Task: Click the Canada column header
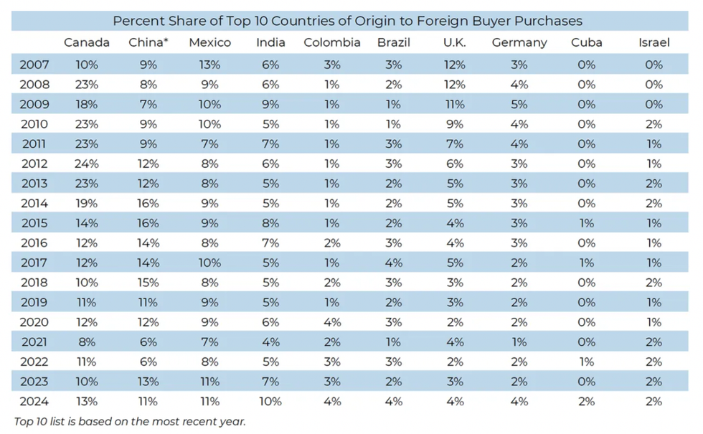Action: click(87, 42)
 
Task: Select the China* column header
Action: click(148, 42)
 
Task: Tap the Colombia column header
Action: click(332, 42)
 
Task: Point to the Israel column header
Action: click(654, 42)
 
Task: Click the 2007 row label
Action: click(34, 65)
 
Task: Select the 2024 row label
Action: click(34, 401)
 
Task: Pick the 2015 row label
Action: click(34, 223)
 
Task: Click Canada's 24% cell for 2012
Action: click(87, 164)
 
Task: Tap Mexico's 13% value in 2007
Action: click(210, 65)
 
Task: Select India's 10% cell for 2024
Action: click(270, 401)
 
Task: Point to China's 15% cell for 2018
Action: click(148, 282)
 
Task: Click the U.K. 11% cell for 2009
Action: click(455, 104)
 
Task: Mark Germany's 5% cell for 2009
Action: click(519, 104)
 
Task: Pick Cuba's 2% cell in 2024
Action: click(587, 401)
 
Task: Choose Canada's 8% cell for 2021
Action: click(87, 341)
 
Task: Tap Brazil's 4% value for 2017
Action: click(394, 263)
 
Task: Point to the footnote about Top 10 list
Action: click(130, 421)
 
